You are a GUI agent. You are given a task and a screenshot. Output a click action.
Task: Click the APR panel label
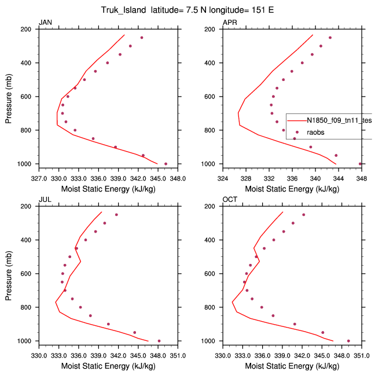coord(230,23)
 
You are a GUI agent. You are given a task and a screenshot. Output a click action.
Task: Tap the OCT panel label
coord(230,200)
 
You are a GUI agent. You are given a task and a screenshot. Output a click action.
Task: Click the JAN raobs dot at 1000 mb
coord(166,164)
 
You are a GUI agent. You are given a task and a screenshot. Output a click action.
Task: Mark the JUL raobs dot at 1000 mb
coord(159,341)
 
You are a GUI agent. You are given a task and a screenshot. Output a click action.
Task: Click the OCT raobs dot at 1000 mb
coord(348,341)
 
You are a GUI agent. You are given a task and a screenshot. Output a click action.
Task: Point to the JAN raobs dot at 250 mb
coord(141,38)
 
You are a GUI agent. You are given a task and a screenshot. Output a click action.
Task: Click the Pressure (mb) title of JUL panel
coord(9,273)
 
